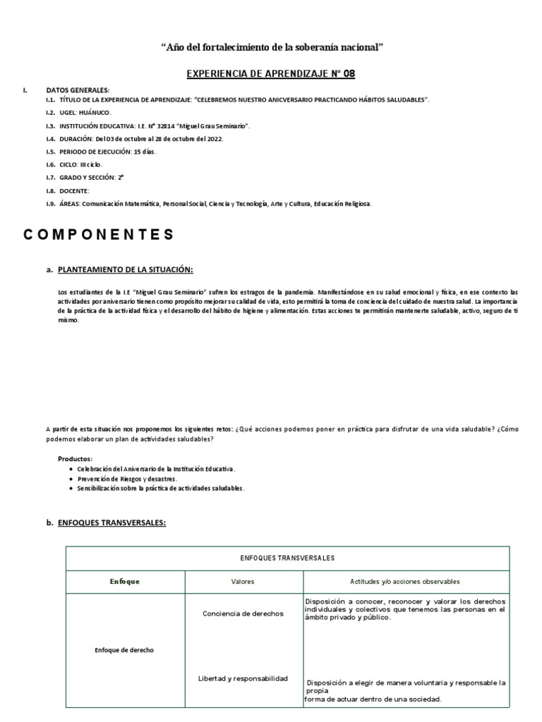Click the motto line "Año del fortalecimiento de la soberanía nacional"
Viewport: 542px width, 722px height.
(x=272, y=48)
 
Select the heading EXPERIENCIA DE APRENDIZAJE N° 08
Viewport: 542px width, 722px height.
(x=272, y=73)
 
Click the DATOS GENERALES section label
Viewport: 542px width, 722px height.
(x=78, y=90)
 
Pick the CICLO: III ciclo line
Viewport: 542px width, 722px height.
(x=78, y=164)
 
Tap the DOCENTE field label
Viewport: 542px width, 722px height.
(x=75, y=190)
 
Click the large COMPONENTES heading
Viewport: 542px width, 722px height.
(x=99, y=235)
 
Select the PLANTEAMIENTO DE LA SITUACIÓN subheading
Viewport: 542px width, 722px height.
(x=125, y=269)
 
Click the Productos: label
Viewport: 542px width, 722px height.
(x=75, y=459)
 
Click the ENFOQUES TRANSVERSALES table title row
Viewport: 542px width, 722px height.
(x=287, y=558)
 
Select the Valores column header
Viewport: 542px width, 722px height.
(x=243, y=582)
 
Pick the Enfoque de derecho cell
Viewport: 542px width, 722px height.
(x=124, y=650)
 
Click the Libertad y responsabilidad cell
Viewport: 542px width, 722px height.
(x=243, y=678)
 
